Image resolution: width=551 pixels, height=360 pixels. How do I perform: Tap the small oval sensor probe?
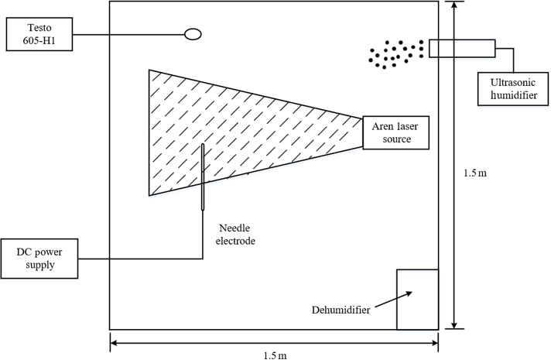[x=193, y=34]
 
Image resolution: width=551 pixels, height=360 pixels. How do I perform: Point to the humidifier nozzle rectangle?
[x=462, y=47]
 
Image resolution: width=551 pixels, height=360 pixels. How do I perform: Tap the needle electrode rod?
[x=203, y=177]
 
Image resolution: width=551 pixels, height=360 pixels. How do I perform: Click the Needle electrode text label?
[x=233, y=235]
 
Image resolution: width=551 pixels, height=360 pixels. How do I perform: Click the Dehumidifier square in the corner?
[x=417, y=299]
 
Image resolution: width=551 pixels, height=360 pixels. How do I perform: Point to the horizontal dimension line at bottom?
[x=193, y=341]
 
